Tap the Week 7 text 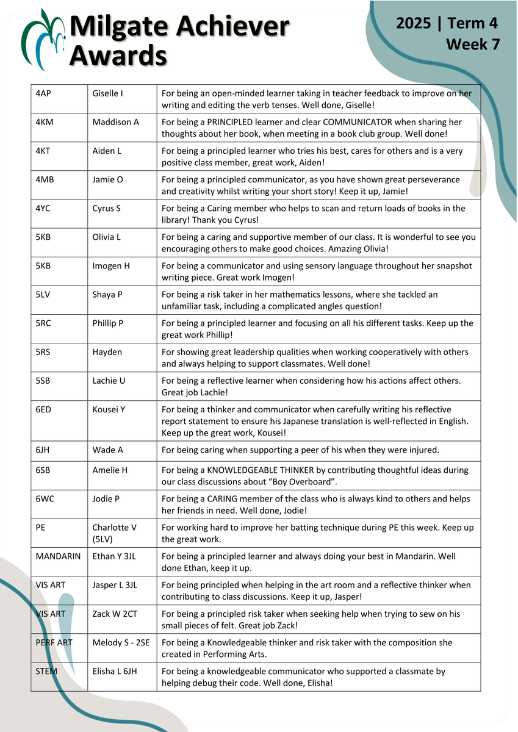click(472, 45)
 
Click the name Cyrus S click(107, 208)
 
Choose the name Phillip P click(108, 323)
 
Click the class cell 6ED click(44, 409)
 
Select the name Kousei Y click(109, 409)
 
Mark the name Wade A click(107, 450)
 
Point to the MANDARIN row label click(59, 556)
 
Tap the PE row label click(41, 528)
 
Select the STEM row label click(46, 671)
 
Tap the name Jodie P click(106, 499)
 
